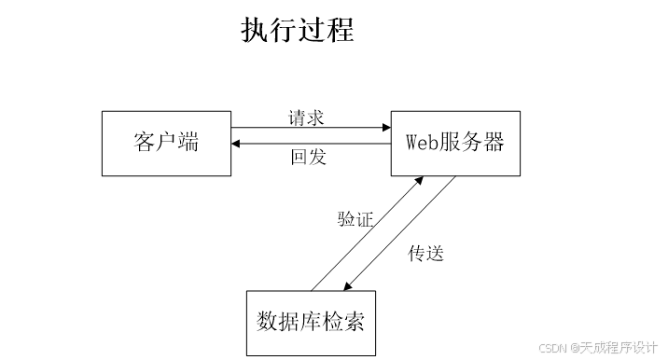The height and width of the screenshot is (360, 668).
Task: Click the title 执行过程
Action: (298, 30)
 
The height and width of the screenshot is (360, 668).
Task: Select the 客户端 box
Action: (166, 143)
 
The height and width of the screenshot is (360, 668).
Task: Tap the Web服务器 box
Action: (455, 143)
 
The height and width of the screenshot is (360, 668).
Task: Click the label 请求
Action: (307, 118)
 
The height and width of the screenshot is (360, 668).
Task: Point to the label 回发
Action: (309, 157)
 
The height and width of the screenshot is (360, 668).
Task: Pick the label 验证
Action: (355, 220)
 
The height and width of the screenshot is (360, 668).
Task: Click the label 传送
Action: (425, 253)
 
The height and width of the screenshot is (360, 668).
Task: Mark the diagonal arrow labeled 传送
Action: (399, 233)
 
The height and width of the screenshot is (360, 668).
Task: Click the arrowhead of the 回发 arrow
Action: (238, 143)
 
